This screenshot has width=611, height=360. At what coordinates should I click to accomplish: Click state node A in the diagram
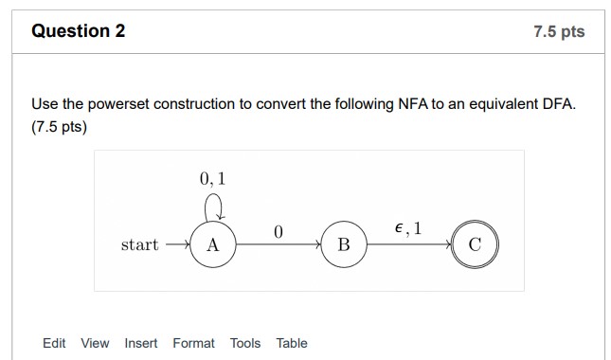(212, 244)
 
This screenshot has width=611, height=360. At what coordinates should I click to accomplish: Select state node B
(344, 244)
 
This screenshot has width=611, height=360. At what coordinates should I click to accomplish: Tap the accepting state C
(475, 244)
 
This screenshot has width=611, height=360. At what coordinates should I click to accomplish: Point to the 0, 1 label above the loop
(213, 178)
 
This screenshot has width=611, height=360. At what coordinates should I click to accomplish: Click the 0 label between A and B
(278, 230)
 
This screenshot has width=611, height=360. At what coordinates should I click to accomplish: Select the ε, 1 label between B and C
(408, 227)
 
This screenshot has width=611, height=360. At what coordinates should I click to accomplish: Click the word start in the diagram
(139, 244)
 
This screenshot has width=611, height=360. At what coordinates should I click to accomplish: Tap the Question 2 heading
(79, 31)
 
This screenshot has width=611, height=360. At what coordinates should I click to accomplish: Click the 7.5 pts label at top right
(559, 32)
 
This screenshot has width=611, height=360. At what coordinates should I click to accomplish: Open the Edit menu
(54, 343)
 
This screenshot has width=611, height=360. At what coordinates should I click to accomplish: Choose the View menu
(95, 343)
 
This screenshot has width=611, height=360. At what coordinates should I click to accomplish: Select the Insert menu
(141, 343)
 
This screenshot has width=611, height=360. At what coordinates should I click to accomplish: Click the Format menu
(193, 343)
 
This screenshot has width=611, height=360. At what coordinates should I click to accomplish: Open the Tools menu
(245, 343)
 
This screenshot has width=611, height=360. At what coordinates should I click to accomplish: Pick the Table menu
(292, 343)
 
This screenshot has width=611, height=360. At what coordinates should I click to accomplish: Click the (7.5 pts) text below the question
(59, 126)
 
